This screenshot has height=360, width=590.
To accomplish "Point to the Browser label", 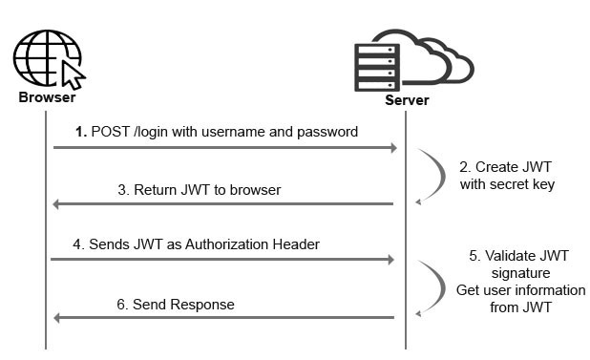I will (x=47, y=97).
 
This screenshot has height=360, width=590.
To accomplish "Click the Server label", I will (x=407, y=100).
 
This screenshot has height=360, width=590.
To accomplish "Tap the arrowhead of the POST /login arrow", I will (x=391, y=148).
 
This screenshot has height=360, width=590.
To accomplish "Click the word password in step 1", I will (x=327, y=132).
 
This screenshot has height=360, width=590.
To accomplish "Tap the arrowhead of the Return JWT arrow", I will (x=57, y=204).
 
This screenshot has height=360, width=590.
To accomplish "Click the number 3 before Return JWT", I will (x=123, y=189).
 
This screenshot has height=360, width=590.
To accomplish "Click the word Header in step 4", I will (x=296, y=244).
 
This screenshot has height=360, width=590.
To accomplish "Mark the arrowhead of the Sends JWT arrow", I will (x=391, y=260).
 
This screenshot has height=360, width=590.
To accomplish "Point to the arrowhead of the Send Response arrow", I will (x=57, y=318).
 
